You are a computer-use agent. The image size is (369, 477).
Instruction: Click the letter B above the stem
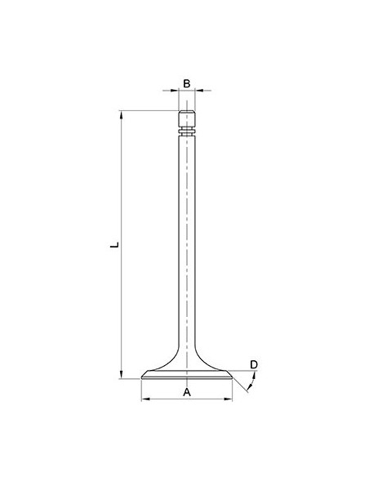pos(186,83)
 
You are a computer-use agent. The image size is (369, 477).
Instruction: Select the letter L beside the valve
pos(116,244)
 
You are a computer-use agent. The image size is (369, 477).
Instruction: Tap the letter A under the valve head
pos(186,392)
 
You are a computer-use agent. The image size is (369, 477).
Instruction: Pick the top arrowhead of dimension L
pos(122,114)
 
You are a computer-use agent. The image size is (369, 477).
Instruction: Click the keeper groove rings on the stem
pos(186,129)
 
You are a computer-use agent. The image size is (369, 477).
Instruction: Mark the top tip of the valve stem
pos(186,111)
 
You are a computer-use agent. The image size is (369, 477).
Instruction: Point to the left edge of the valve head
pos(142,377)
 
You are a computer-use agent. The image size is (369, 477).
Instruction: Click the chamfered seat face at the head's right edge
pos(230,377)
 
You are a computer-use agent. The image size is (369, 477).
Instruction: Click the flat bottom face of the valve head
pos(186,380)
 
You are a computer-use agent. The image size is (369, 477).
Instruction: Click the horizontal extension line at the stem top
pos(147,110)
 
